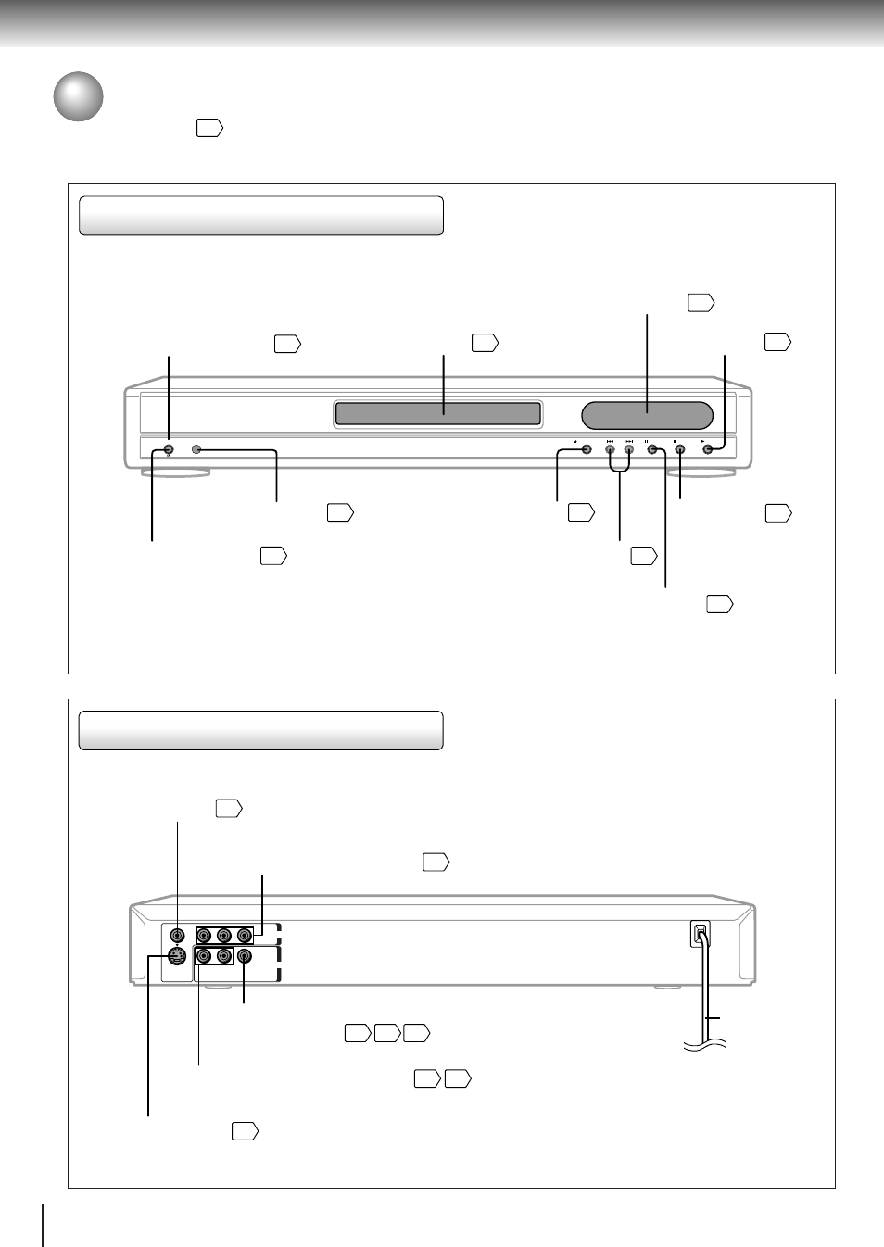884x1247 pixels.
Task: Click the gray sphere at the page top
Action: pyautogui.click(x=78, y=96)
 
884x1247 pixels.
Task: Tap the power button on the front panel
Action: pyautogui.click(x=168, y=450)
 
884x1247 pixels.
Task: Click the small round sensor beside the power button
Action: pyautogui.click(x=196, y=450)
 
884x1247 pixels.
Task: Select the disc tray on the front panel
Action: pyautogui.click(x=437, y=414)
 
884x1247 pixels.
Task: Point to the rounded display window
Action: pyautogui.click(x=647, y=416)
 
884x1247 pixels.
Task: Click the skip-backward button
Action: pyautogui.click(x=610, y=450)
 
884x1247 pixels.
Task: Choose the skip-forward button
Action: pyautogui.click(x=628, y=450)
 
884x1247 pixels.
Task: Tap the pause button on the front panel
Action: pyautogui.click(x=651, y=450)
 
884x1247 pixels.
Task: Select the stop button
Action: pyautogui.click(x=680, y=450)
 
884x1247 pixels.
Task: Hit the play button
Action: pyautogui.click(x=709, y=450)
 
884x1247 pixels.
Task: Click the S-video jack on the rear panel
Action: pyautogui.click(x=177, y=956)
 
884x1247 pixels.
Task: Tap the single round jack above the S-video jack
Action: pyautogui.click(x=177, y=936)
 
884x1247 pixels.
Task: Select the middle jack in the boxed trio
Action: pyautogui.click(x=223, y=936)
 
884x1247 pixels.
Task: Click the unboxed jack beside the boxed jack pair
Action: pyautogui.click(x=244, y=956)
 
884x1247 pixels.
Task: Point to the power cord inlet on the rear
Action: pyautogui.click(x=701, y=934)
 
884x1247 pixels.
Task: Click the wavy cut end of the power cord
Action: pyautogui.click(x=704, y=1044)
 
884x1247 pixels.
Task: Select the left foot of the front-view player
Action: pyautogui.click(x=175, y=472)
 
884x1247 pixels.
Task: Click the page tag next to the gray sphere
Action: pyautogui.click(x=209, y=128)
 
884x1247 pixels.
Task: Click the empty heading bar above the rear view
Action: pyautogui.click(x=260, y=730)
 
